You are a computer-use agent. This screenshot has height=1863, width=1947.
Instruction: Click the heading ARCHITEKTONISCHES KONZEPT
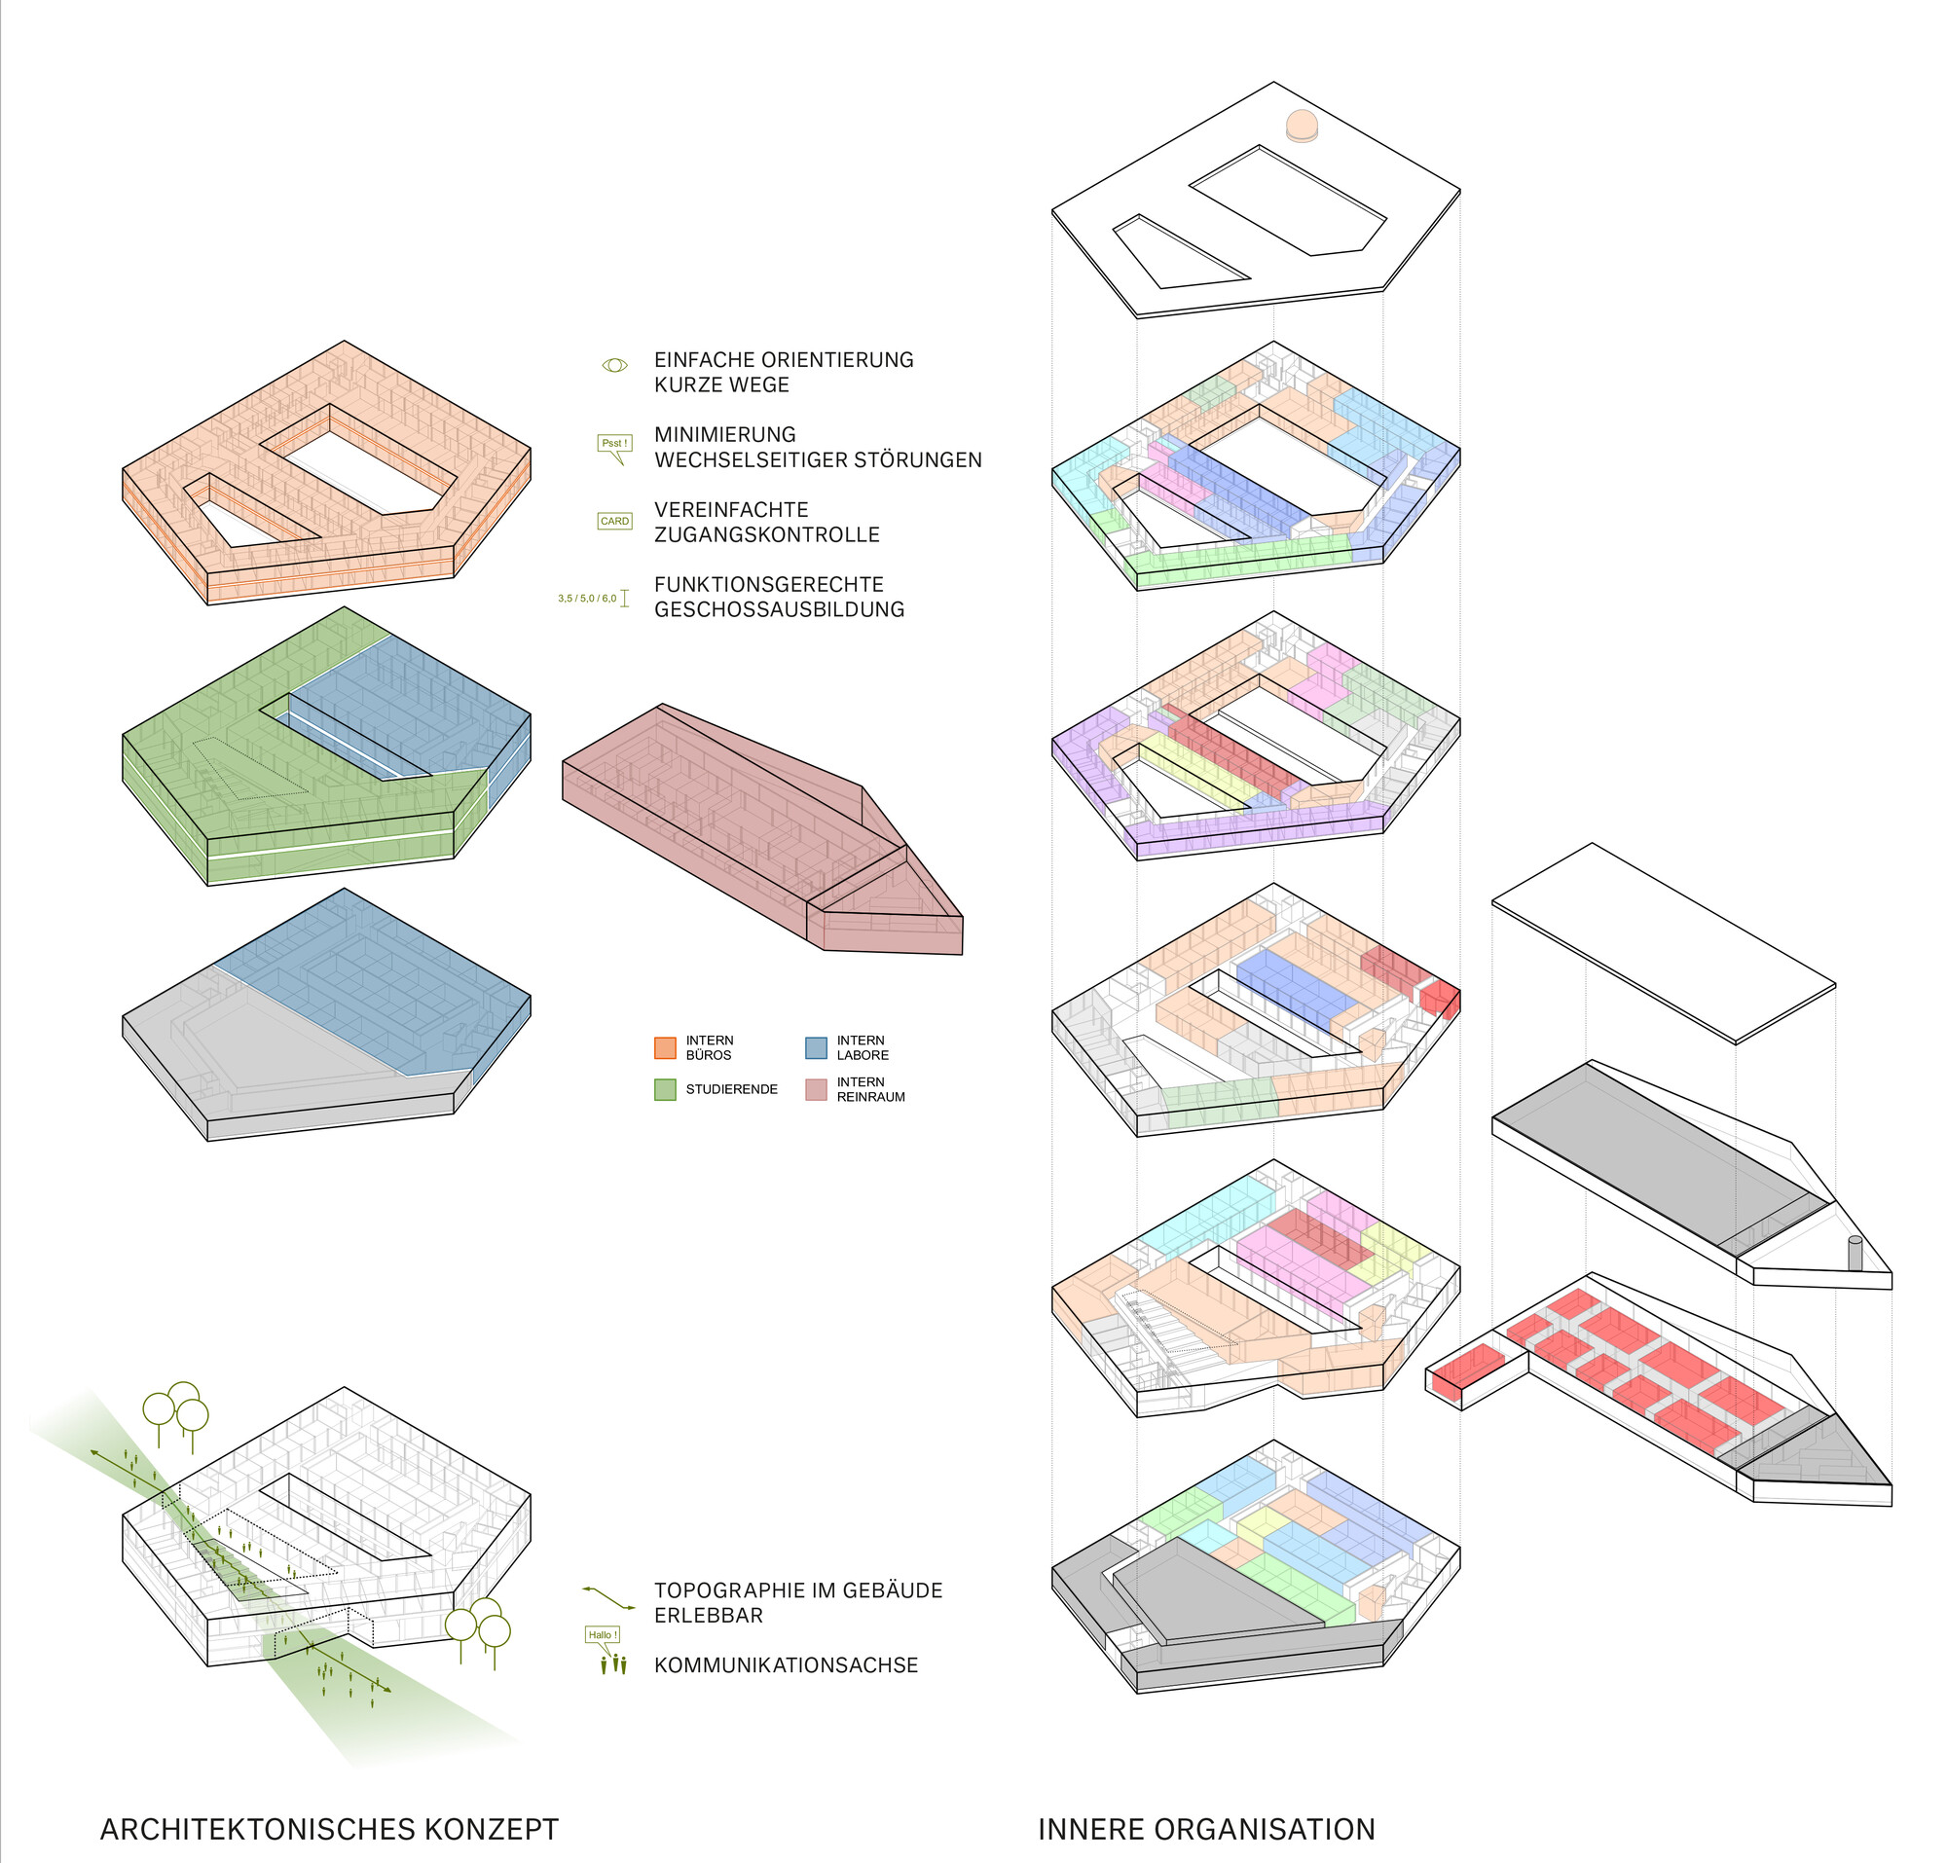(x=329, y=1828)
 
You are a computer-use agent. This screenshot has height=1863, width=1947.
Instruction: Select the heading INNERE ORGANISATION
(x=1206, y=1828)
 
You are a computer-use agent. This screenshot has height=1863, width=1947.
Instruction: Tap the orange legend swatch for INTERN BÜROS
(x=665, y=1047)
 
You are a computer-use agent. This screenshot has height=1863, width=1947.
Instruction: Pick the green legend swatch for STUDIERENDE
(x=665, y=1089)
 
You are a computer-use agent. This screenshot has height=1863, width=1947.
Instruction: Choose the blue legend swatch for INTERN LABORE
(x=816, y=1047)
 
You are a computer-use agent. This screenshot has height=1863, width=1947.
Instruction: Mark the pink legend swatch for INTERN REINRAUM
(x=816, y=1089)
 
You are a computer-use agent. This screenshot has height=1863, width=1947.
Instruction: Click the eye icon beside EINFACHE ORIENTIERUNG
(x=615, y=365)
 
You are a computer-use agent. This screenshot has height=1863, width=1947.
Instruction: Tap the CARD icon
(x=615, y=522)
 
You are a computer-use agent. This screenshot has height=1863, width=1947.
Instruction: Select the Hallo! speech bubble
(x=602, y=1634)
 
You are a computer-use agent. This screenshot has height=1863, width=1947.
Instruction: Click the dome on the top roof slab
(x=1302, y=127)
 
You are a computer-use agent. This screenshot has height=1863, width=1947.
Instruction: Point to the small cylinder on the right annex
(x=1854, y=1253)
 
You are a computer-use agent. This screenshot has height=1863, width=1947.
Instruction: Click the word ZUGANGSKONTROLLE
(x=767, y=534)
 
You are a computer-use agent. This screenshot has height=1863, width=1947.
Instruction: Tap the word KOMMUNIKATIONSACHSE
(x=786, y=1664)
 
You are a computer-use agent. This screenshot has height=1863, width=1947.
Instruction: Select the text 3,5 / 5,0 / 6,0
(x=587, y=599)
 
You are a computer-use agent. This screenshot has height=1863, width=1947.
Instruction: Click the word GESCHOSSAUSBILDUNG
(x=779, y=608)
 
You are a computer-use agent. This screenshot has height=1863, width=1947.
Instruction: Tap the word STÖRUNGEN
(x=918, y=459)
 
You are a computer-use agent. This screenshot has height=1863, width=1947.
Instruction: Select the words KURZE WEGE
(x=721, y=385)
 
